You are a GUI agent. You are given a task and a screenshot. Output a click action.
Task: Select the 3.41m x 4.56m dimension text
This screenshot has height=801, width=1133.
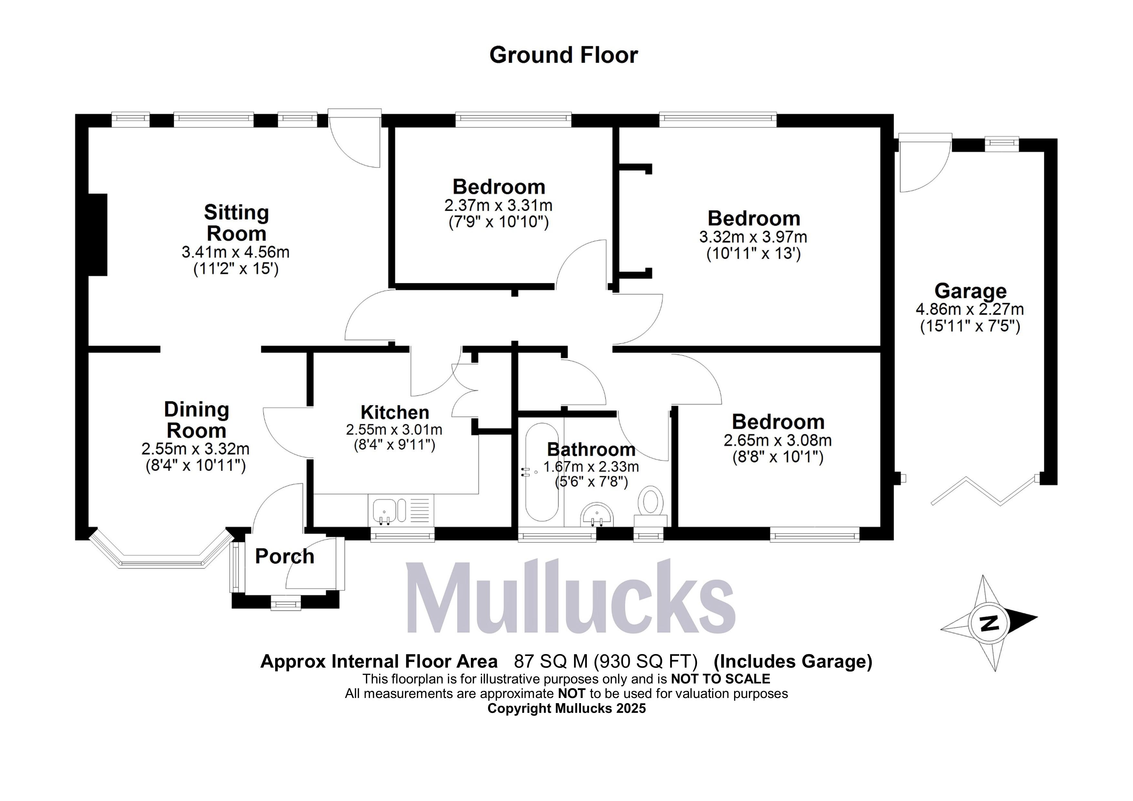235,252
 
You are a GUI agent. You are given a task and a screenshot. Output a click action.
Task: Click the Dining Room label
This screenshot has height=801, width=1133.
196,420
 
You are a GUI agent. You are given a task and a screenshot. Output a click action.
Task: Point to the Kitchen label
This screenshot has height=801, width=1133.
395,412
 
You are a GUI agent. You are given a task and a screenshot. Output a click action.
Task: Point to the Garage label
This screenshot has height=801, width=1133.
970,291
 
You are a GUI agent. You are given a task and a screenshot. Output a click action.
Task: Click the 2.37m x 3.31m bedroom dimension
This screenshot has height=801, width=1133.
498,205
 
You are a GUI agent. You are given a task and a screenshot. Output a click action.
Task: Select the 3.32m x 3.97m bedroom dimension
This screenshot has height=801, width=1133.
753,237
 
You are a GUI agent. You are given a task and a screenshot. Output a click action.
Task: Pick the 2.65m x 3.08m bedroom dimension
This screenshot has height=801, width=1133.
778,440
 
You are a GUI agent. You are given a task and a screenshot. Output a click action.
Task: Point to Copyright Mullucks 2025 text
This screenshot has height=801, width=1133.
566,709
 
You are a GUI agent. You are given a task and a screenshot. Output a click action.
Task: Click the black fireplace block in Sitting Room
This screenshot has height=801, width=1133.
98,235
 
